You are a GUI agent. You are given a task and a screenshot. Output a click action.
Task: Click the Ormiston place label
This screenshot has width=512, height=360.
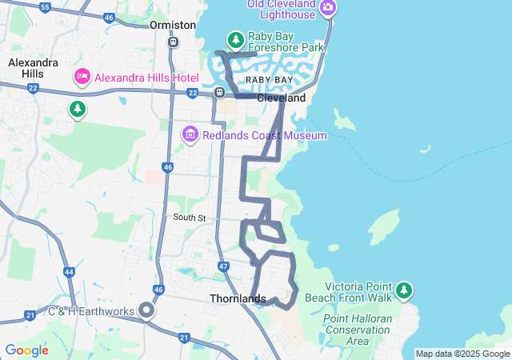pos(173,25)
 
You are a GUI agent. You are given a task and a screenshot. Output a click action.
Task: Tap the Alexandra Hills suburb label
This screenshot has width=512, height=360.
pos(31,67)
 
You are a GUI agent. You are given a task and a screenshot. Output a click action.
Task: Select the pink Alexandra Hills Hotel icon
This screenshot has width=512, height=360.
pos(82,77)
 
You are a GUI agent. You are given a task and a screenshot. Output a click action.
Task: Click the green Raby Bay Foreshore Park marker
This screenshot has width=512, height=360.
pos(235,40)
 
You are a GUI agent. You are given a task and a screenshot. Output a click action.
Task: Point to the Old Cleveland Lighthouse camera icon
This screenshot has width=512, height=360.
pos(327,8)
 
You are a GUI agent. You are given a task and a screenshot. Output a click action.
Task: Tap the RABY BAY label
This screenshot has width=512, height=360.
pos(269,81)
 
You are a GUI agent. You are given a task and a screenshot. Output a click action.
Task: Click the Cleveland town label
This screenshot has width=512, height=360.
pos(281,98)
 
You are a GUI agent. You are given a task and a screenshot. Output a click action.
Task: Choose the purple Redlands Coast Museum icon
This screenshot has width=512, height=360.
pos(190,135)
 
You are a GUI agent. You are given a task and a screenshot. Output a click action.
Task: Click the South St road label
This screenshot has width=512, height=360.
pos(190,217)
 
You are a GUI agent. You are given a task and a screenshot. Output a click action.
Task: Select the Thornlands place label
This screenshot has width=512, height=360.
pos(238,298)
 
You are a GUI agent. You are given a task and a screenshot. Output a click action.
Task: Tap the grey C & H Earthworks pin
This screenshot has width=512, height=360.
pos(146,310)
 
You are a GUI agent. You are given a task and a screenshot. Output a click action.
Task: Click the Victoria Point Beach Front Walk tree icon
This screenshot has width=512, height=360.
pos(404,289)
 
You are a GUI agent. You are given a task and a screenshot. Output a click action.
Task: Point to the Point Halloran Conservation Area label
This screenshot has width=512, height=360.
pos(357,330)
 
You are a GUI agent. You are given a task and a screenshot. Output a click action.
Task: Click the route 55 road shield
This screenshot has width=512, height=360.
pos(45,7)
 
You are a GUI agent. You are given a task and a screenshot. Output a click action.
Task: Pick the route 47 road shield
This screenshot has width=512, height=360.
pos(223,266)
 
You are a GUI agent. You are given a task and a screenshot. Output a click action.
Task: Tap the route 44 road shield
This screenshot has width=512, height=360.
pos(70,272)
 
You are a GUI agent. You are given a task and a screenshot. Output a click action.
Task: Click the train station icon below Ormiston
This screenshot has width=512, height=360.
pos(173,42)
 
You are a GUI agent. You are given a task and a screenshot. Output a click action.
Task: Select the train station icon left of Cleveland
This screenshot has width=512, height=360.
pos(219,93)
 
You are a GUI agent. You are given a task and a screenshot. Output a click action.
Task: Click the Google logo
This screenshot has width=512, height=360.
pos(26,350)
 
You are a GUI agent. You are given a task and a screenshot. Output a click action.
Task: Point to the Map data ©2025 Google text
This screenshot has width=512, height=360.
pos(462,354)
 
